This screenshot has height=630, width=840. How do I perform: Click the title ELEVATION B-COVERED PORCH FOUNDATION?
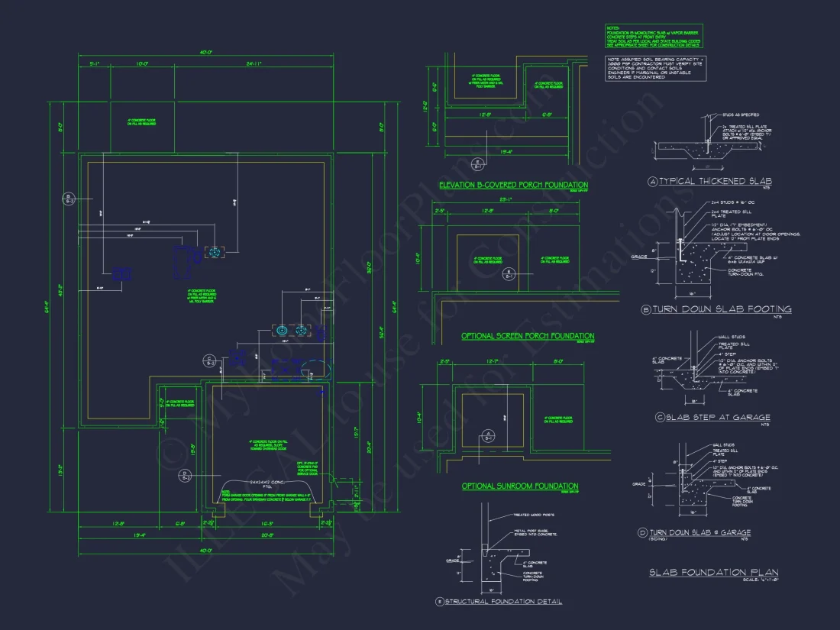(x=513, y=186)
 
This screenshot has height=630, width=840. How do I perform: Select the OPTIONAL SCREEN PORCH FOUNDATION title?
(x=528, y=336)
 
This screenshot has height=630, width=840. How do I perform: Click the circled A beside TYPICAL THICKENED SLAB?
(x=652, y=182)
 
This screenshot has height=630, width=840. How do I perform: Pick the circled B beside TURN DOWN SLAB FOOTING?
(x=646, y=309)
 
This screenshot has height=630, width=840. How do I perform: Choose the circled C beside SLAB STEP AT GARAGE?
(x=659, y=418)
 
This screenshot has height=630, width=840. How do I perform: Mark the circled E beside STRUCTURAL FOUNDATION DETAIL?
(x=439, y=602)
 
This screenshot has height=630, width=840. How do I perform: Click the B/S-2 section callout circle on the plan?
(x=68, y=199)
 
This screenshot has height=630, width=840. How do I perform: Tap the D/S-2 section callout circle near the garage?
(x=184, y=476)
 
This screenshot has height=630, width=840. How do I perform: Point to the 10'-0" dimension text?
(x=141, y=64)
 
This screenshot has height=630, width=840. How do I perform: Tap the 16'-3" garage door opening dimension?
(x=267, y=524)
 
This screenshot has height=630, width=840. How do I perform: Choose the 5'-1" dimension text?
(x=95, y=64)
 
